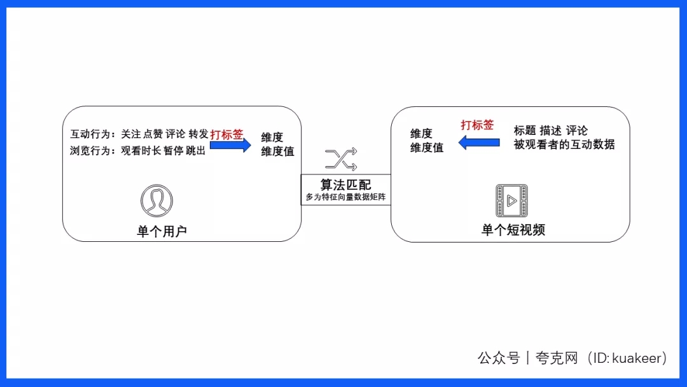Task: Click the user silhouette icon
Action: click(156, 201)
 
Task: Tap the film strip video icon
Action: click(511, 201)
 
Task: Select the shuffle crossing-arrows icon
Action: click(341, 160)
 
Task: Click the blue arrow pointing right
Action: click(231, 145)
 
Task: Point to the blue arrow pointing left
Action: click(479, 143)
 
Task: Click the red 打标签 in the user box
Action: click(226, 134)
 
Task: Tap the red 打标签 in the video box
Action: click(477, 125)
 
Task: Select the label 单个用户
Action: click(162, 231)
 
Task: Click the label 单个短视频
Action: click(513, 230)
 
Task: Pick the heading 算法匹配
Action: click(345, 185)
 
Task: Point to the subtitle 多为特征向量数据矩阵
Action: click(345, 197)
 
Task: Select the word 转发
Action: click(198, 134)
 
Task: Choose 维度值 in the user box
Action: click(277, 152)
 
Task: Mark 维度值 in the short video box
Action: click(426, 148)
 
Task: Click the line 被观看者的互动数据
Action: click(564, 144)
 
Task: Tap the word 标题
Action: click(525, 130)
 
